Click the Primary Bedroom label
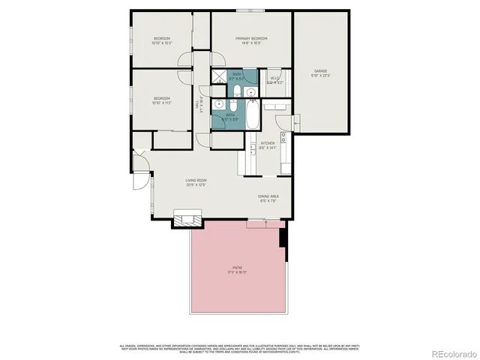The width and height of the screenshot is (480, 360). tap(251, 38)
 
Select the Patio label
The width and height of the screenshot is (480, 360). tap(237, 268)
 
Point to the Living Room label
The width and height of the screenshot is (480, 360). tap(196, 181)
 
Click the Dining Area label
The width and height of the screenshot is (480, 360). tap(268, 196)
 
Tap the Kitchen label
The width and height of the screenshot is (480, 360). tap(268, 143)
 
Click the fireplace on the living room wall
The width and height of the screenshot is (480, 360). tap(187, 218)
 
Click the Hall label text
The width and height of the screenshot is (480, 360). tap(197, 106)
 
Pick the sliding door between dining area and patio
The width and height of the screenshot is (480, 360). tap(264, 220)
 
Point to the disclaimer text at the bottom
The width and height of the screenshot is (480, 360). tap(239, 347)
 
